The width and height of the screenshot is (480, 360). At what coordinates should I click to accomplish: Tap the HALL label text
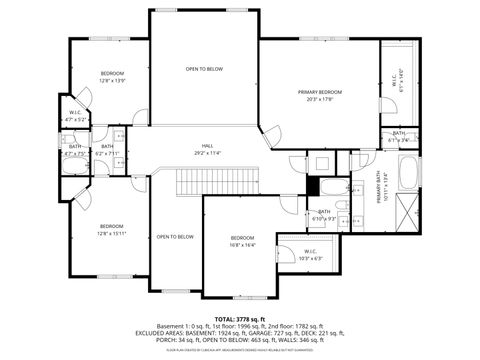(208, 146)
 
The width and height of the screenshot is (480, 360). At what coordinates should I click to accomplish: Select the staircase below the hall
(218, 181)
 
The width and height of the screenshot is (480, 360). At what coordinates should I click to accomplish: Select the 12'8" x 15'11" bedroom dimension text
(111, 234)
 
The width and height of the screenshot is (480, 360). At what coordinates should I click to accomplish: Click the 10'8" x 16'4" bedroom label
(244, 243)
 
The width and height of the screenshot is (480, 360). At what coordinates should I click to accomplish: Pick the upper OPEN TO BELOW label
(204, 69)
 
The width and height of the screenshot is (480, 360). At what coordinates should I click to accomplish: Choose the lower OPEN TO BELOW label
(174, 236)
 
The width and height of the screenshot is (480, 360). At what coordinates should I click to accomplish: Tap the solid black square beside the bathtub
(313, 186)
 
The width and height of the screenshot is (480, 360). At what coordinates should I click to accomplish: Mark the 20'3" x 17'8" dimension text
(319, 98)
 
